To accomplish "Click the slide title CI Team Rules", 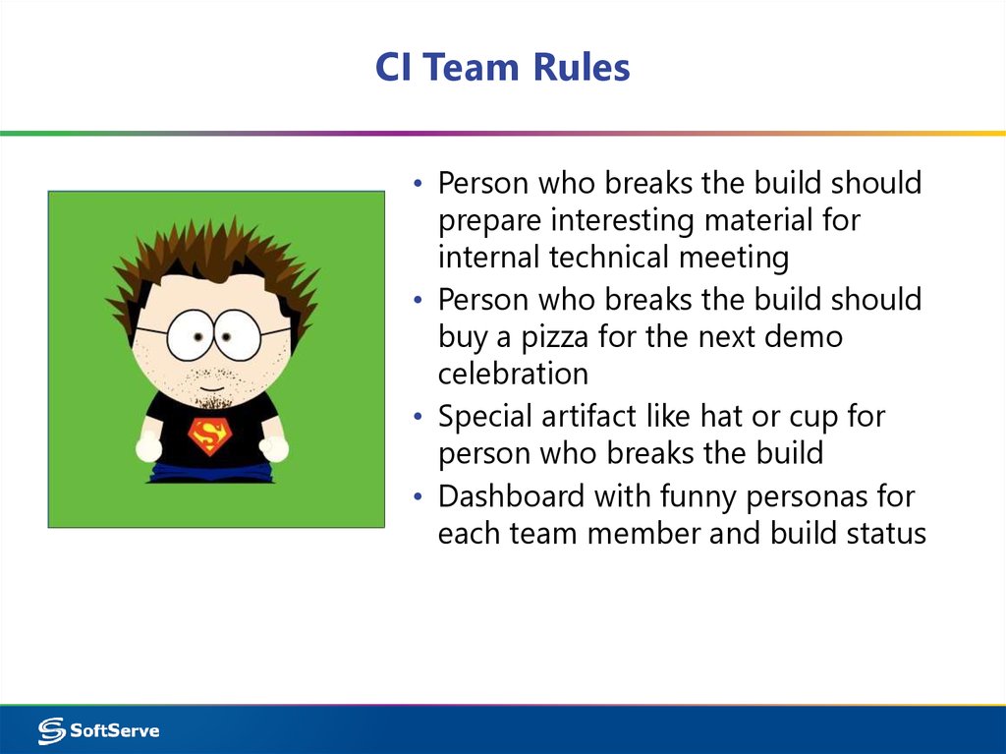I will (502, 68).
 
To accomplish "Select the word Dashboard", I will (511, 496).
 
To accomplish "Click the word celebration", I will (513, 375).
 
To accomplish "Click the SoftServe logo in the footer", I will (98, 730).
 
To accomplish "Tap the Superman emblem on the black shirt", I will (208, 435).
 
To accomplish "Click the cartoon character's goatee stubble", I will (209, 398).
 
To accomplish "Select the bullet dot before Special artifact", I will (419, 418).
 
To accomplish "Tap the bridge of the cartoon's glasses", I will (213, 332).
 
